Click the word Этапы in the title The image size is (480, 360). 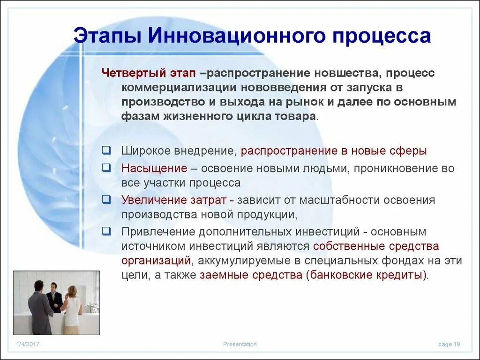click(106, 37)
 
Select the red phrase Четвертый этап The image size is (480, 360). click(149, 74)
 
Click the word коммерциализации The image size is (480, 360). click(180, 88)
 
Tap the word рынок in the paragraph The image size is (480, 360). click(322, 102)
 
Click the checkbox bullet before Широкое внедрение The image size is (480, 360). click(106, 150)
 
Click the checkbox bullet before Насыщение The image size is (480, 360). click(106, 167)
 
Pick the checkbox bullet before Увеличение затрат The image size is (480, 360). click(106, 199)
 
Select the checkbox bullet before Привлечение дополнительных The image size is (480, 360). click(106, 231)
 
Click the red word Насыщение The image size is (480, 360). click(154, 168)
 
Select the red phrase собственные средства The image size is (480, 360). click(376, 246)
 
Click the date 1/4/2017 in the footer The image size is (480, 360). click(28, 345)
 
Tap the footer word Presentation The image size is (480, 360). click(240, 345)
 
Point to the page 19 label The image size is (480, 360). click(449, 345)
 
